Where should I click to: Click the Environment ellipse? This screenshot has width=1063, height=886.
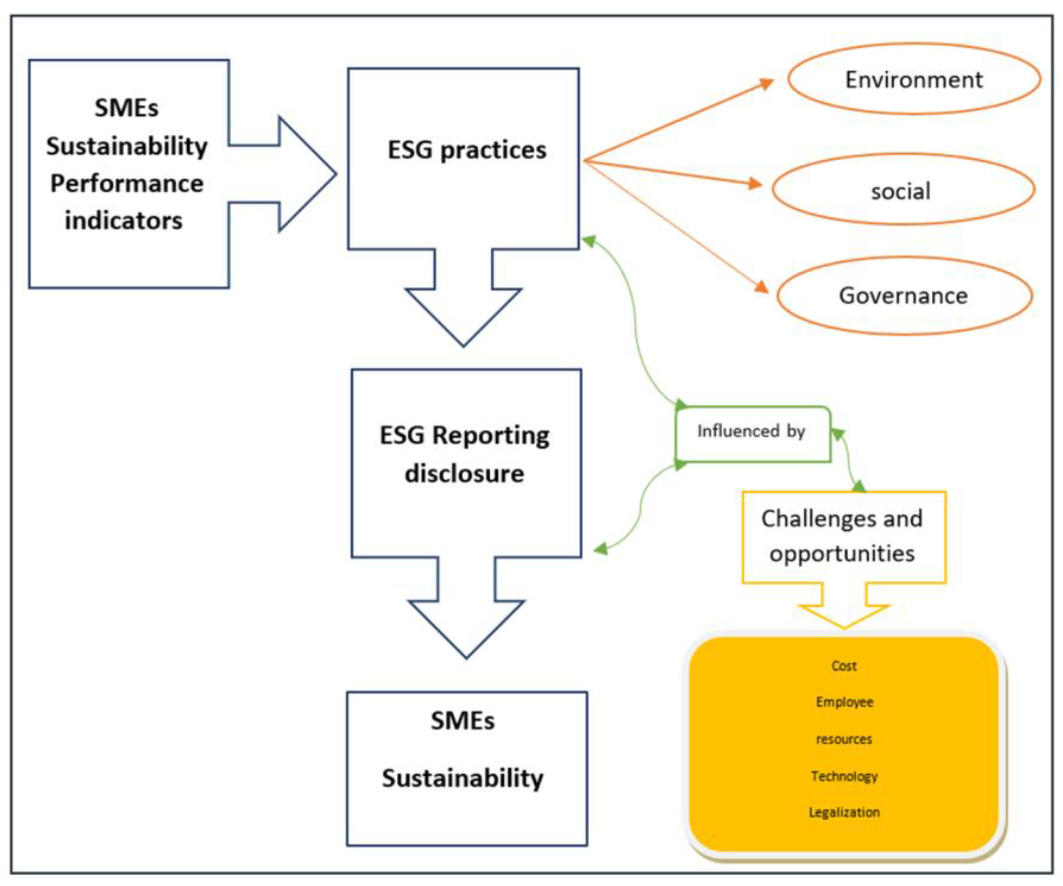[914, 80]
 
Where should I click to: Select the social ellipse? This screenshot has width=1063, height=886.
[903, 191]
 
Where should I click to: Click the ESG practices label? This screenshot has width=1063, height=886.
[467, 150]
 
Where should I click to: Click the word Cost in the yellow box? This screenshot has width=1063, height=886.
[844, 666]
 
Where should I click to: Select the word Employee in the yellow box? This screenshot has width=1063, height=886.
[844, 702]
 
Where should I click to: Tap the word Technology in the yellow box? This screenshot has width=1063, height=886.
[844, 775]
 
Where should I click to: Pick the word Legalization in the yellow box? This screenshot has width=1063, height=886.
[844, 812]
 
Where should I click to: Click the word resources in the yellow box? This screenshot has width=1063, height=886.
[844, 739]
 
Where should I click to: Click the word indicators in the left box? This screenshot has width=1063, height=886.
[124, 221]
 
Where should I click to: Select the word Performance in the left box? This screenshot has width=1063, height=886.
[127, 183]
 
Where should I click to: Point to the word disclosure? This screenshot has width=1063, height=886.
[464, 474]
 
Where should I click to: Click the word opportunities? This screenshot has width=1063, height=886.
[842, 553]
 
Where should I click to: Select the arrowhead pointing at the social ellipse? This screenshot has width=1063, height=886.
[756, 183]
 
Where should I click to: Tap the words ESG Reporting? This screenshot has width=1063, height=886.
[464, 435]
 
